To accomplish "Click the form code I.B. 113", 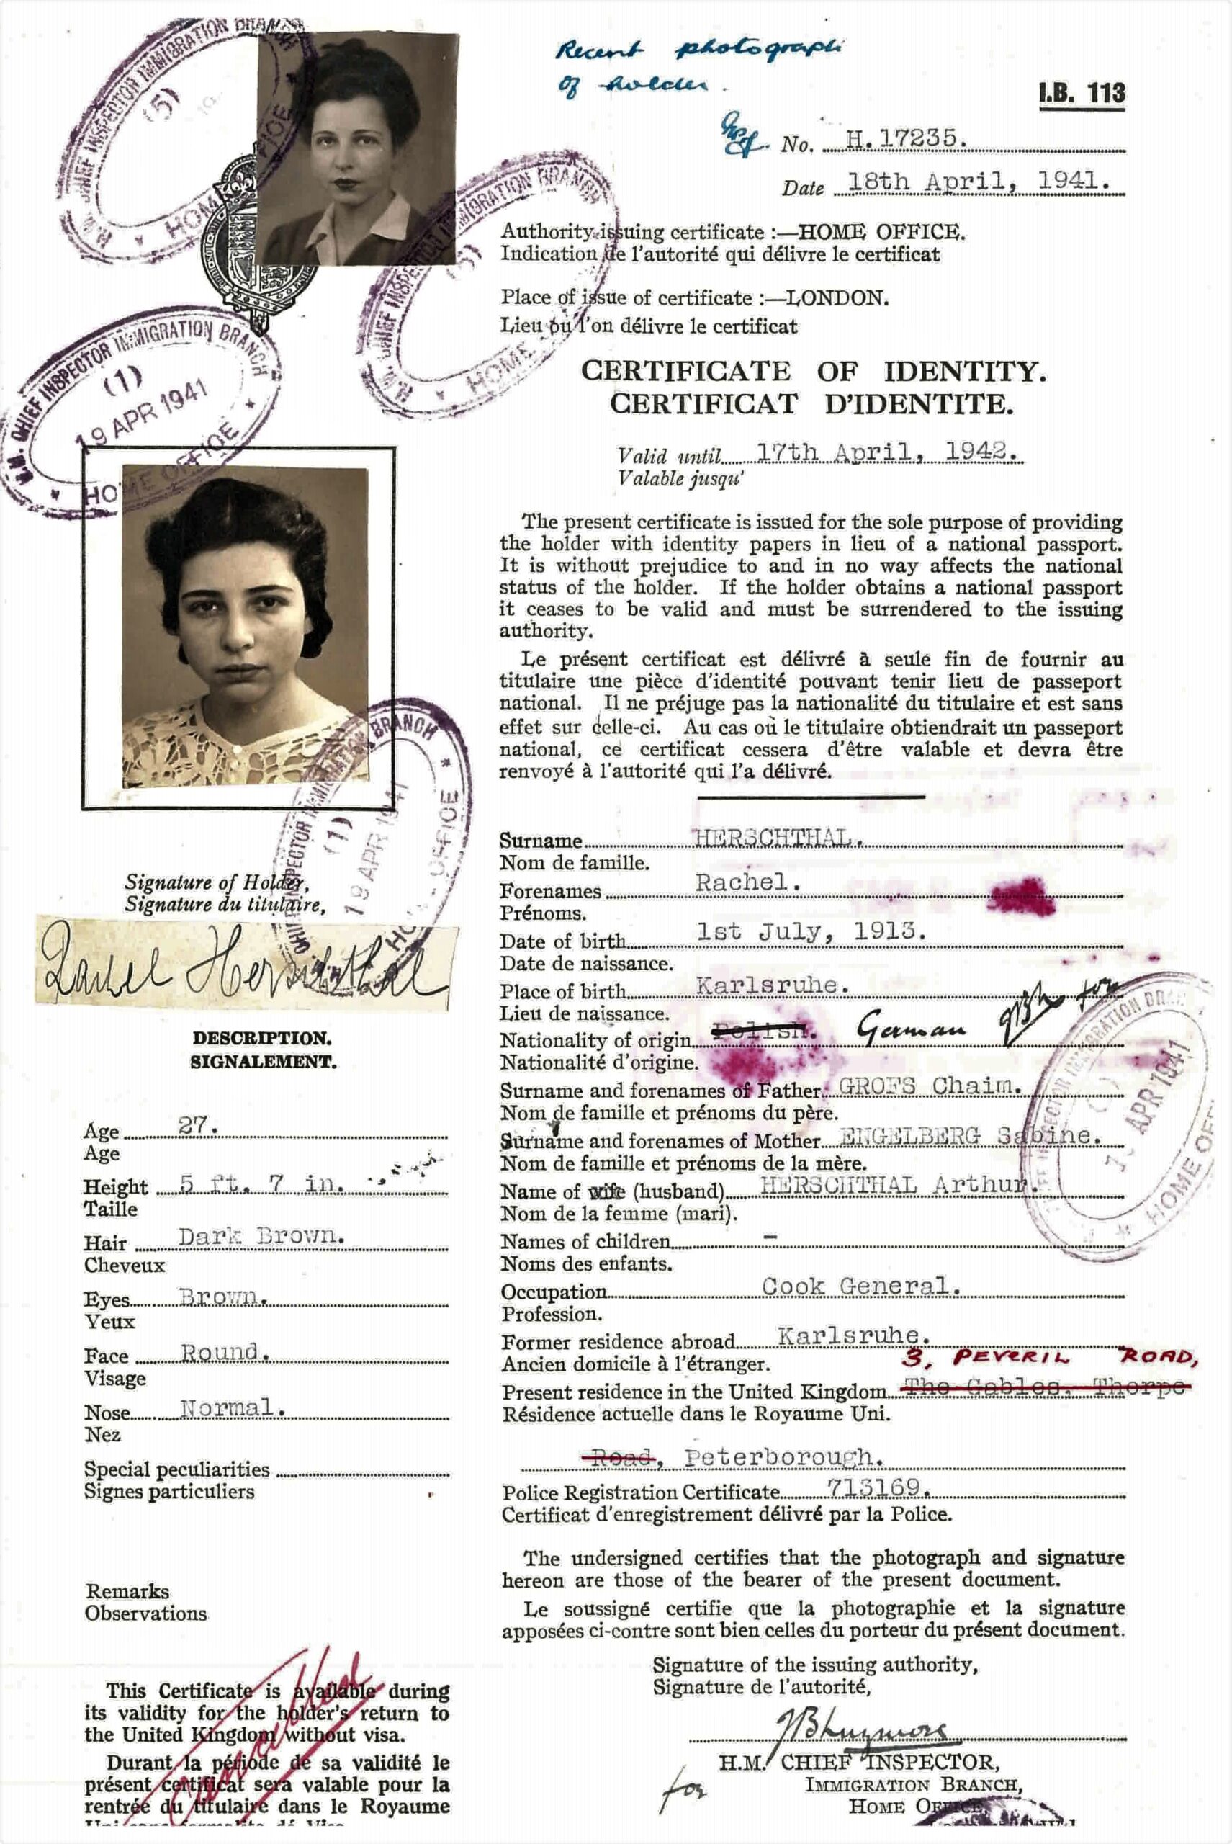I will [x=1082, y=94].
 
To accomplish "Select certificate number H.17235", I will [x=901, y=139].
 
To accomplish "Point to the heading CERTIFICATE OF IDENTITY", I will [x=813, y=371].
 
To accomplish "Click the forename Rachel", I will [x=747, y=882].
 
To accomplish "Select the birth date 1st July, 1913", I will [x=811, y=932].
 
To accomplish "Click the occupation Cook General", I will [x=861, y=1286].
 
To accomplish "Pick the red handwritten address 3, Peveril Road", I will [x=1049, y=1358].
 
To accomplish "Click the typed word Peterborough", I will [x=778, y=1457].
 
